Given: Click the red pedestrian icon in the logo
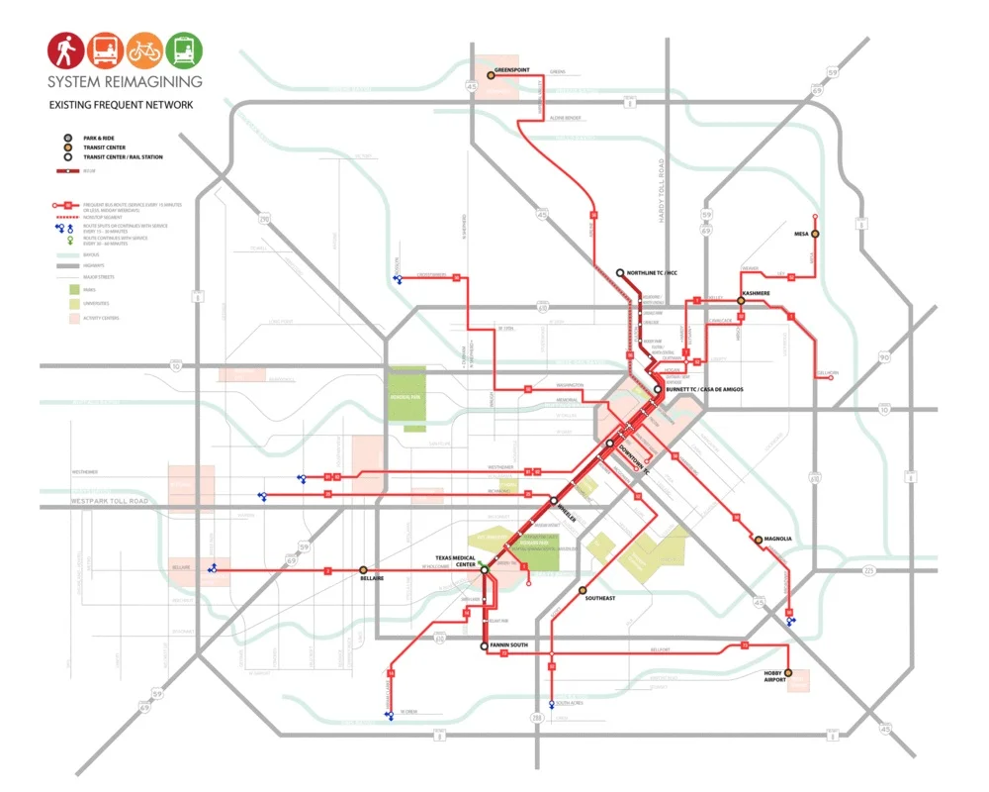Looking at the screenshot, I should click(x=67, y=49).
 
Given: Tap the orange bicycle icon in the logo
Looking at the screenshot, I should click(x=145, y=49).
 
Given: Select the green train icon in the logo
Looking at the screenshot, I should click(x=184, y=49).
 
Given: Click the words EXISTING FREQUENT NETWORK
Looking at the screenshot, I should click(x=122, y=105).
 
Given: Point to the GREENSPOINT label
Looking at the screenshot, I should click(x=512, y=70).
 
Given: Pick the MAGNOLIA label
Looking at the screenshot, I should click(x=778, y=540).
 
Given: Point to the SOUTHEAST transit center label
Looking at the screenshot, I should click(x=599, y=598).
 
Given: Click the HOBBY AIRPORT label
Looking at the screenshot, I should click(x=773, y=675).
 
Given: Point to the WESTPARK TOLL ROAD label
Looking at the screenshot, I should click(x=109, y=502).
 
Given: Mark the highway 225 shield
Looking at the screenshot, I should click(x=867, y=570).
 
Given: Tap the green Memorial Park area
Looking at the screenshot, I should click(x=407, y=397).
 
